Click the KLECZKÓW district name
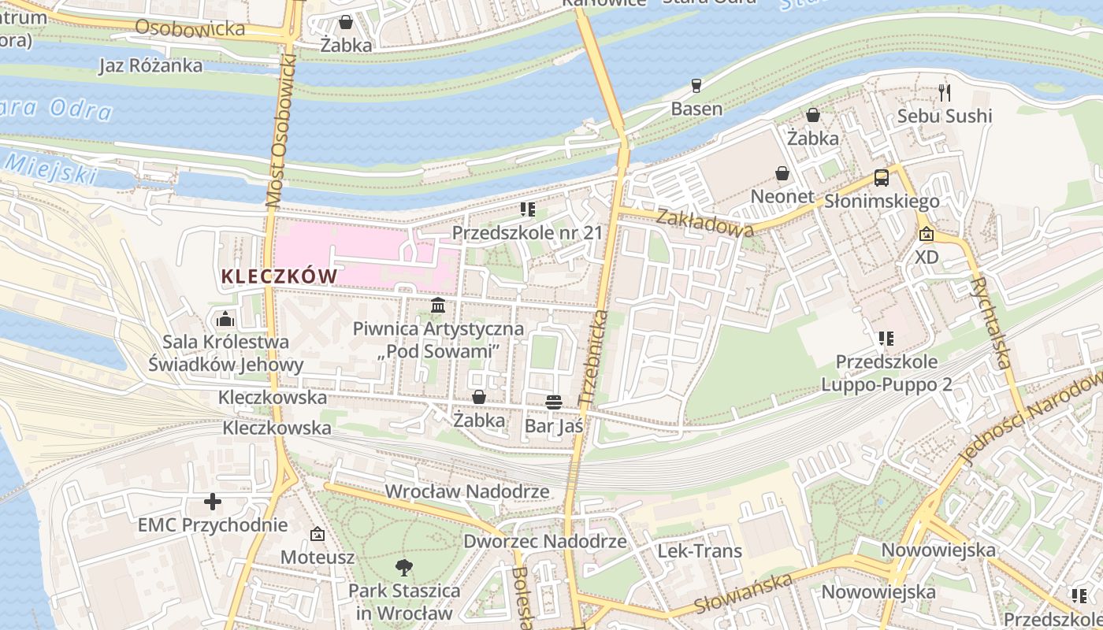tap(279, 276)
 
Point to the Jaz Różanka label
tap(150, 65)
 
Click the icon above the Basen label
tap(696, 85)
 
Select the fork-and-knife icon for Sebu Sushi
tap(945, 93)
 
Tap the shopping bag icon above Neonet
tap(782, 172)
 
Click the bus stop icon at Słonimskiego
tap(882, 178)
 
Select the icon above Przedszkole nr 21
tap(527, 209)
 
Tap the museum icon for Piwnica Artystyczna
tap(438, 305)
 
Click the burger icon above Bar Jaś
tap(553, 402)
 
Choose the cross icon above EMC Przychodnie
tap(212, 502)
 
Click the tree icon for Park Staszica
tap(404, 566)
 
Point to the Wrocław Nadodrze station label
tap(466, 491)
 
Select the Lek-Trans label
tap(700, 550)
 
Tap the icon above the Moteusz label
tap(317, 535)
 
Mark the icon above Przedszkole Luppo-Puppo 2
tap(886, 339)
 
